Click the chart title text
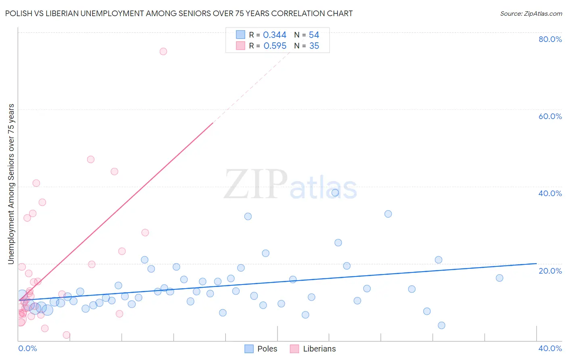tap(179, 14)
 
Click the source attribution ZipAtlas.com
tap(531, 14)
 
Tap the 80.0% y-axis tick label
tap(550, 39)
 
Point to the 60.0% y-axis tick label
tap(550, 116)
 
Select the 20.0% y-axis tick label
tap(550, 271)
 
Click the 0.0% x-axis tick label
tap(27, 348)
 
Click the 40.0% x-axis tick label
tap(550, 348)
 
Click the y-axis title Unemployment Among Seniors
tap(11, 184)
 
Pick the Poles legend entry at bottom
tap(261, 349)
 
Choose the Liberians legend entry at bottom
tap(313, 349)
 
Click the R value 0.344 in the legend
tap(275, 35)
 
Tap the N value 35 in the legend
tap(314, 46)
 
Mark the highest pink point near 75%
tap(163, 51)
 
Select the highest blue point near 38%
tap(335, 193)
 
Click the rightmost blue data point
tap(500, 278)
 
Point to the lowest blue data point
tap(442, 325)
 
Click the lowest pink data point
tap(67, 335)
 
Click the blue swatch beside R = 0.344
tap(240, 35)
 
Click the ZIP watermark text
tap(255, 185)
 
